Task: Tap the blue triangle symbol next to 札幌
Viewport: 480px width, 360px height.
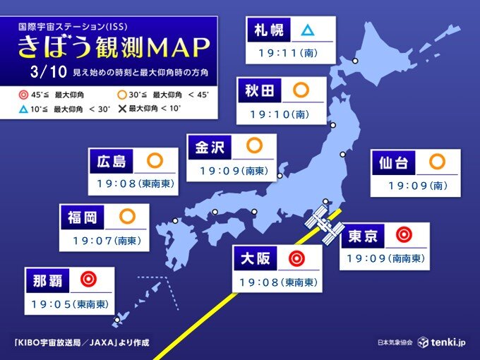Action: (307, 30)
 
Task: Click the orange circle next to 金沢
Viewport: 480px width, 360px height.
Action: (254, 146)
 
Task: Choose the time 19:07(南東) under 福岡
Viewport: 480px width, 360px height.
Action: (106, 241)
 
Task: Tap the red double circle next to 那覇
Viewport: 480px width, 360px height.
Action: (88, 280)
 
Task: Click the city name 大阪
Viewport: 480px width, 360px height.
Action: (254, 259)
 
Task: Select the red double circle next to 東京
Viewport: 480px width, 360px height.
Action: (403, 234)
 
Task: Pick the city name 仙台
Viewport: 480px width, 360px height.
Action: (392, 163)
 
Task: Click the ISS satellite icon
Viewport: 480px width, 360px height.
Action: (325, 225)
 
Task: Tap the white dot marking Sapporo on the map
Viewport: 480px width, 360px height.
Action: (355, 61)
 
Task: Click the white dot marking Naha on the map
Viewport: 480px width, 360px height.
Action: (117, 320)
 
